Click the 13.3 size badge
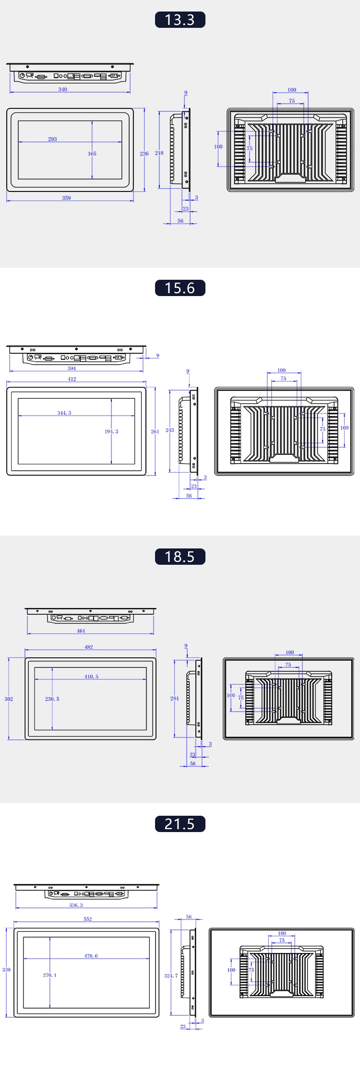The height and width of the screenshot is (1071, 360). point(180,20)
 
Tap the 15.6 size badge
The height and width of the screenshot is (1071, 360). point(180,288)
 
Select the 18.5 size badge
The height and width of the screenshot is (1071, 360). point(180,557)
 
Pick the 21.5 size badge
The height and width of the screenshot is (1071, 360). point(180,824)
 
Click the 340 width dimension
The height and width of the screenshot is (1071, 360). point(63,89)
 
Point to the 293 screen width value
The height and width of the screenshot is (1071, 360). point(52,139)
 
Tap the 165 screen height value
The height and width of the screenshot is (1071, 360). point(92,154)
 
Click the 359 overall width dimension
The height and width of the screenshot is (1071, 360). point(66,198)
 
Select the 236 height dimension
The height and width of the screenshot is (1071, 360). point(144,154)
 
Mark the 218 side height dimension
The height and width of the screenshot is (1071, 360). point(159,153)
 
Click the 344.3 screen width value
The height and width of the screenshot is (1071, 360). point(64,413)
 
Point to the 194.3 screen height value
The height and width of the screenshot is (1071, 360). point(111,431)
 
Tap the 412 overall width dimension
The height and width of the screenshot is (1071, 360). point(72,379)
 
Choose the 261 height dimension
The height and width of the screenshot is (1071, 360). point(155,431)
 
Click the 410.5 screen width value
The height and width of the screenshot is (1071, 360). point(91,677)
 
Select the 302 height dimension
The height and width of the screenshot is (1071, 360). point(9,699)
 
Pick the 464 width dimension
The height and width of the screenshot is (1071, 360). point(81,631)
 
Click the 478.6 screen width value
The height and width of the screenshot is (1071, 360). point(91,956)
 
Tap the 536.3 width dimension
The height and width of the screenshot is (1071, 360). point(76,905)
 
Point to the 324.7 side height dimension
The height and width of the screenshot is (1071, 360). point(171,976)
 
